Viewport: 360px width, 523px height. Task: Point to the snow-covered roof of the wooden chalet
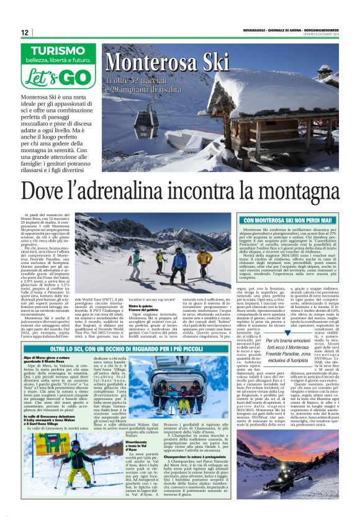pyautogui.click(x=286, y=93)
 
